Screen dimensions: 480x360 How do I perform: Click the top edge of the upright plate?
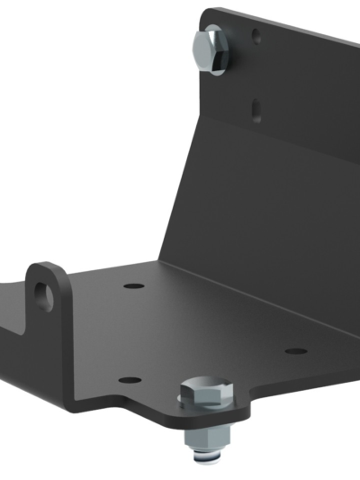288,27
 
